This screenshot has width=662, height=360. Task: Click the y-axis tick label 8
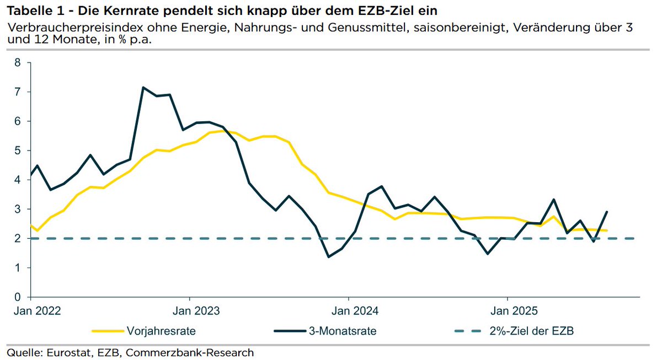(17, 63)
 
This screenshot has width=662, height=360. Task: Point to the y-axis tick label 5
(17, 151)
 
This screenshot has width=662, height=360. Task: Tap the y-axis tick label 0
(17, 297)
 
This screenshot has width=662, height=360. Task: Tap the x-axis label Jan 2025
(508, 310)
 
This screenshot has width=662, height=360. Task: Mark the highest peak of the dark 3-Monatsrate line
(143, 87)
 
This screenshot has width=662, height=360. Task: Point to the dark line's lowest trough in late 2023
(329, 257)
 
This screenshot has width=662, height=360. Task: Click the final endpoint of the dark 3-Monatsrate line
(607, 212)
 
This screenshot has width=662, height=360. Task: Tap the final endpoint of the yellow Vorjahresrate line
(607, 230)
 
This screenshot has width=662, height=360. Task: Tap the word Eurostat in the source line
(65, 352)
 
